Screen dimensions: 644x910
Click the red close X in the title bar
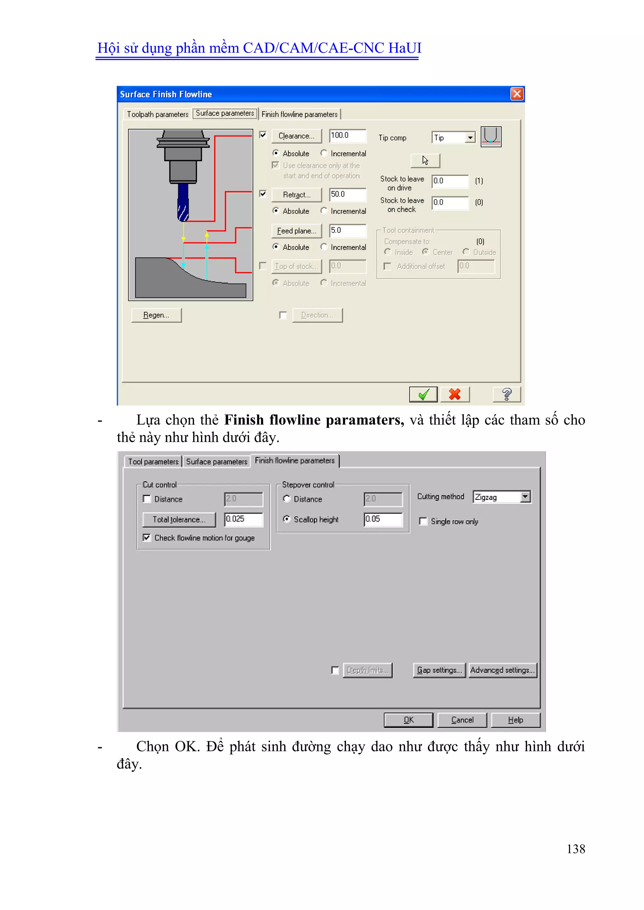pyautogui.click(x=517, y=94)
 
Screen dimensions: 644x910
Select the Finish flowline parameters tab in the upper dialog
pyautogui.click(x=299, y=114)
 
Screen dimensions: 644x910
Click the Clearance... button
pyautogui.click(x=296, y=136)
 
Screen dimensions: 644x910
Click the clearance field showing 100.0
pyautogui.click(x=347, y=135)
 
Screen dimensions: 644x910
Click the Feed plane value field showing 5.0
pyautogui.click(x=347, y=230)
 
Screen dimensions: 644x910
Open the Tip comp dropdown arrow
pyautogui.click(x=470, y=138)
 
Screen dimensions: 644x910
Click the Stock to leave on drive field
pyautogui.click(x=450, y=181)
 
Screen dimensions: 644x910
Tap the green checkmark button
pyautogui.click(x=423, y=394)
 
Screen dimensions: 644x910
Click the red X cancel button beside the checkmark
pyautogui.click(x=455, y=394)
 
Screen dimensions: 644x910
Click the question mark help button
pyautogui.click(x=506, y=394)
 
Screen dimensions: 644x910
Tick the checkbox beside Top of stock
pyautogui.click(x=263, y=266)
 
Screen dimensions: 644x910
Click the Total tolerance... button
pyautogui.click(x=179, y=520)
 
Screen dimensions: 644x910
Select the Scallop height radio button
pyautogui.click(x=287, y=519)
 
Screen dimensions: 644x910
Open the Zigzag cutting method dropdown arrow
pyautogui.click(x=525, y=497)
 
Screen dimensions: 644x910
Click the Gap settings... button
pyautogui.click(x=439, y=670)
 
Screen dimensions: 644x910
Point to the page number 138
pyautogui.click(x=576, y=849)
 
